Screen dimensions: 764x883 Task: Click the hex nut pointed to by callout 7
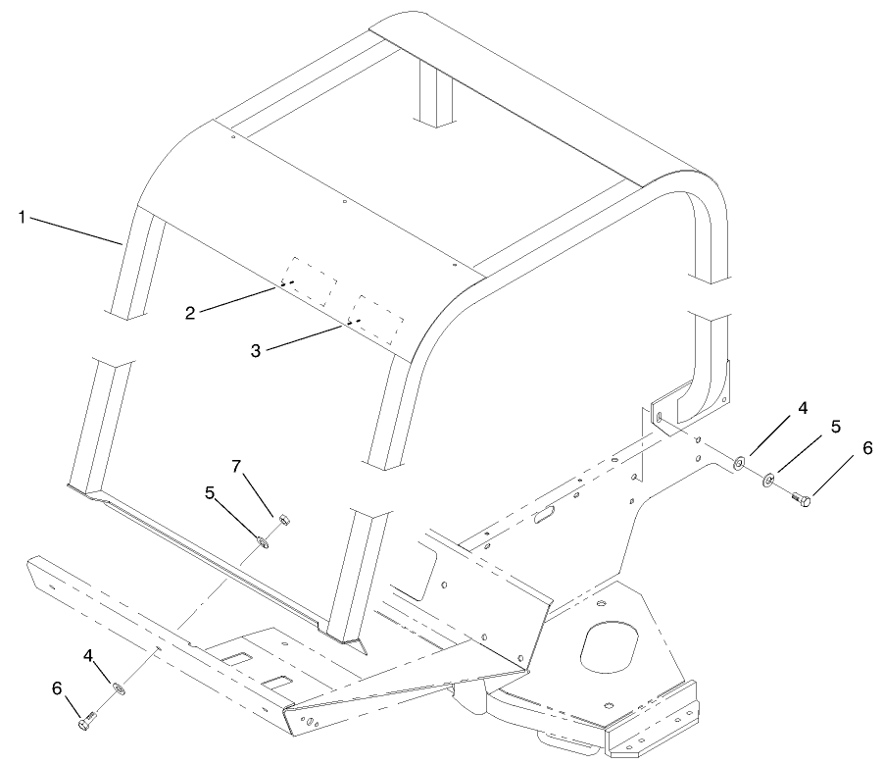[x=279, y=520]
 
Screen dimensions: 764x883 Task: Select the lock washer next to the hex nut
[x=264, y=539]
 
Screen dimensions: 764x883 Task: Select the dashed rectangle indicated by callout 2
[x=308, y=280]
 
